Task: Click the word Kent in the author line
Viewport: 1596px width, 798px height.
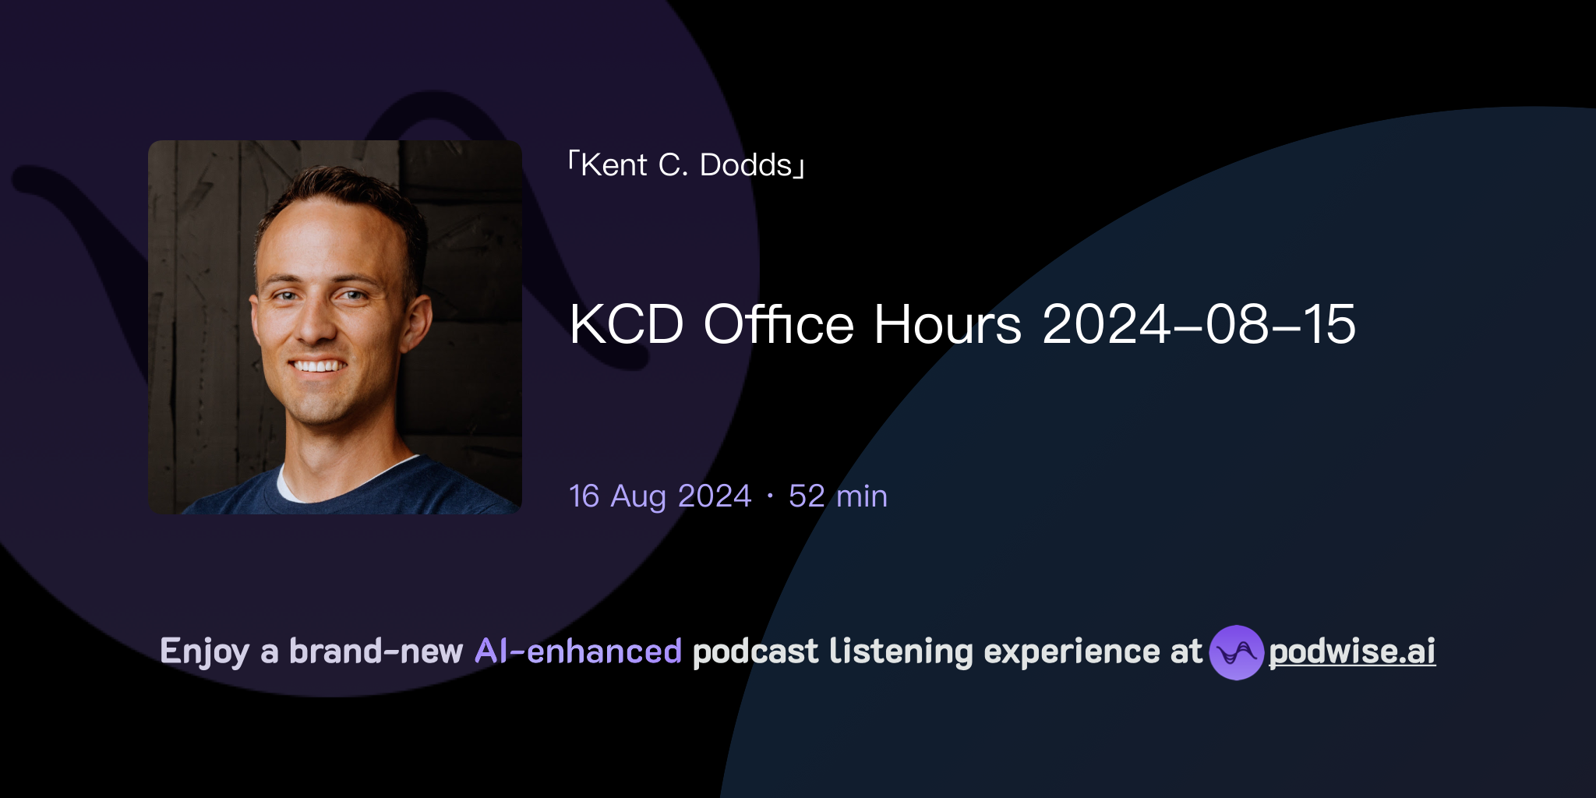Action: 614,165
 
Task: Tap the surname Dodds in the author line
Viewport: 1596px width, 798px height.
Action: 746,165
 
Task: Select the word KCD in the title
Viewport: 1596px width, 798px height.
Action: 627,324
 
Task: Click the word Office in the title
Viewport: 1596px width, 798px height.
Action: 779,324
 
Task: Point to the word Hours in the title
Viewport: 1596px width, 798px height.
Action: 947,324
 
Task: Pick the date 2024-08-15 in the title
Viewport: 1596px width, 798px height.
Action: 1199,324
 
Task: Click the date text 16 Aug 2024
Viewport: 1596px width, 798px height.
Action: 660,496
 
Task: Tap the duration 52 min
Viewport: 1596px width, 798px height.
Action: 838,496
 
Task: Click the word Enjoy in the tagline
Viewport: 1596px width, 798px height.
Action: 204,651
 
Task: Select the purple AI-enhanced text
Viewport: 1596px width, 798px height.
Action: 578,651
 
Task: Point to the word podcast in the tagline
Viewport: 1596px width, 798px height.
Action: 755,651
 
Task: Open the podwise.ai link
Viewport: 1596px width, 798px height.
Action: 1352,651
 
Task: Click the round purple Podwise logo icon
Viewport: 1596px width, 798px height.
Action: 1236,652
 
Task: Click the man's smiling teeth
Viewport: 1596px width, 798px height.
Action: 317,365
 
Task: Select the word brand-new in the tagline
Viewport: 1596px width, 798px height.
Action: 376,651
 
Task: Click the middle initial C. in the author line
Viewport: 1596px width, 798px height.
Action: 673,165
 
